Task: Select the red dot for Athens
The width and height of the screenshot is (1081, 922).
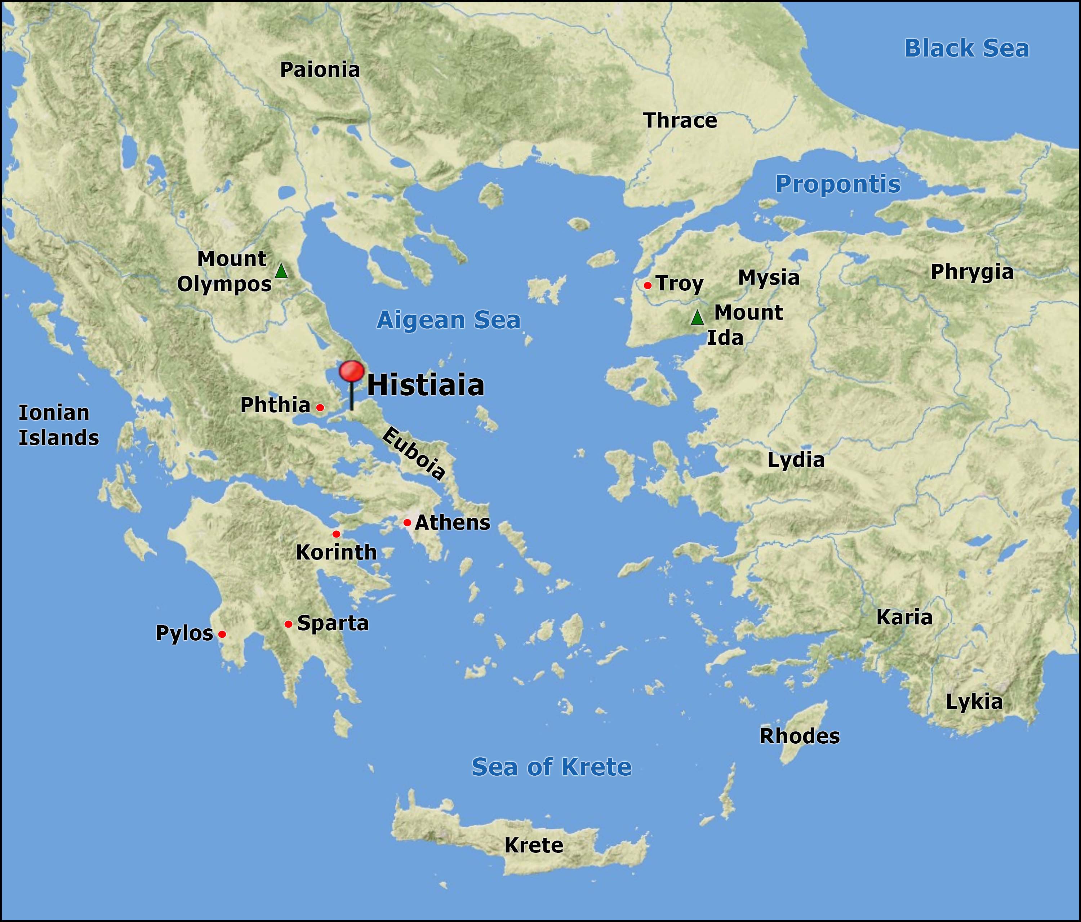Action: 407,522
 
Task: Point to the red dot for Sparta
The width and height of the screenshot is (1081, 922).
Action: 288,624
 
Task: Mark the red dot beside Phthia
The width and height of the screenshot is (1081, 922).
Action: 320,407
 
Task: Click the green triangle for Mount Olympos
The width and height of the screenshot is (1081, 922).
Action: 281,271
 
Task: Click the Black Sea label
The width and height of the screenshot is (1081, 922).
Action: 966,49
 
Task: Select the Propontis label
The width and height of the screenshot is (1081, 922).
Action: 837,184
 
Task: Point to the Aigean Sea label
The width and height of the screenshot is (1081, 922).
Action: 448,320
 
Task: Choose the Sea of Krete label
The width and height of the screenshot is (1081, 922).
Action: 551,766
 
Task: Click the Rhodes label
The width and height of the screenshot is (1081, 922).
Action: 799,736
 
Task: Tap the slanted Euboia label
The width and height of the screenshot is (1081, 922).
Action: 414,453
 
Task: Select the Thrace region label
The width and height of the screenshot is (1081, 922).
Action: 680,121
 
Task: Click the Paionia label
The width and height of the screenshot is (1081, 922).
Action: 320,70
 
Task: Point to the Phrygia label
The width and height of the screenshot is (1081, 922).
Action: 971,272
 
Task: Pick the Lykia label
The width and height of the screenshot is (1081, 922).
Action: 974,702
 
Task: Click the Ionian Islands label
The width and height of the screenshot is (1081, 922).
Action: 58,425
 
